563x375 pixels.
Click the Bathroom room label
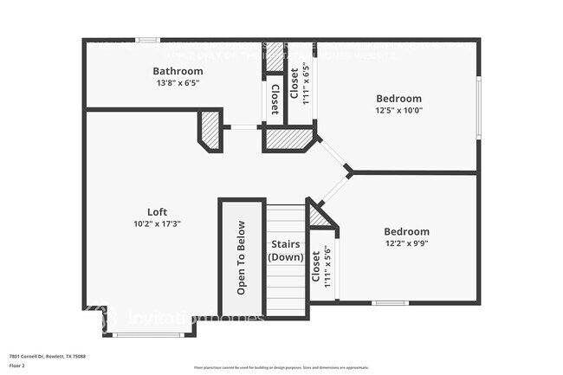178,71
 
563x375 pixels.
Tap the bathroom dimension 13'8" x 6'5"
178,83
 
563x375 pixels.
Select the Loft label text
157,212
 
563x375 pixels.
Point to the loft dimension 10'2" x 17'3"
157,223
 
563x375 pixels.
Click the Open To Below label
242,257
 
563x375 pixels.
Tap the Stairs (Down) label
285,251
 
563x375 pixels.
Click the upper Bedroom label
398,99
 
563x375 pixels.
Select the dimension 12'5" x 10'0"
398,110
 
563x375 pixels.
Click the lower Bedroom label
406,232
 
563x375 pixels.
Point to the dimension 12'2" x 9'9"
406,243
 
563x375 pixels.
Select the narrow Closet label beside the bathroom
275,99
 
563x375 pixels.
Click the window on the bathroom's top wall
148,40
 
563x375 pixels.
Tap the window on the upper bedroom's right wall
478,107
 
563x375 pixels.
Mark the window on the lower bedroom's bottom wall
390,302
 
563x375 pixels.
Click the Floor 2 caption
18,366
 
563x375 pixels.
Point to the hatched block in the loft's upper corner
210,130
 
